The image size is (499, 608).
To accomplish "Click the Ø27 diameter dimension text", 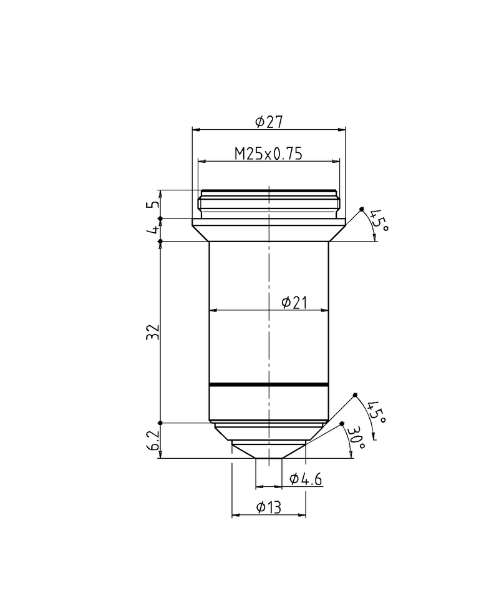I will click(x=269, y=122).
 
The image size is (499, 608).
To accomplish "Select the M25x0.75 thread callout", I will click(x=268, y=154).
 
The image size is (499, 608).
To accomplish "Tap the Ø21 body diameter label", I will click(x=294, y=302).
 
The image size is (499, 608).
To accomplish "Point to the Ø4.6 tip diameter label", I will click(x=306, y=479).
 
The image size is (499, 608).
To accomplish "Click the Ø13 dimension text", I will click(x=269, y=508).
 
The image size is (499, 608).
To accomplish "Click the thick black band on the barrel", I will click(x=268, y=384).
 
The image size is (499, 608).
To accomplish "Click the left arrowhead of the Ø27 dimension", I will click(x=195, y=129).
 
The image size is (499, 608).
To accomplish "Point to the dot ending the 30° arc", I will click(x=342, y=424).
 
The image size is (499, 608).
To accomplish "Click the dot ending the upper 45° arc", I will click(x=362, y=208).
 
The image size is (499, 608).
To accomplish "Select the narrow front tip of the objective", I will click(x=268, y=454).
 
